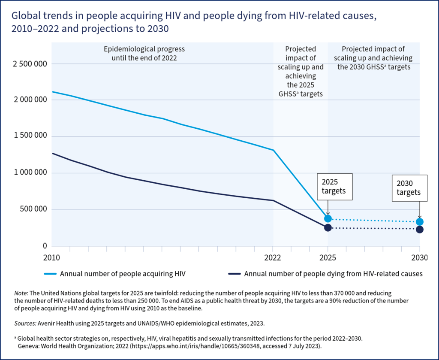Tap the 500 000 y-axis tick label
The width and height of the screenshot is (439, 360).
[x=32, y=210]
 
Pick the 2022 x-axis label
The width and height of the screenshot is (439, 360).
[x=273, y=258]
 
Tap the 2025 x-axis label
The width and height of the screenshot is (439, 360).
[x=328, y=258]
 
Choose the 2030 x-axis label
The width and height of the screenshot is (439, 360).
[x=419, y=258]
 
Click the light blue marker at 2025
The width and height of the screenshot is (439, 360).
[x=328, y=218]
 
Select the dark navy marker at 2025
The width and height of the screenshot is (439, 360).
[x=328, y=228]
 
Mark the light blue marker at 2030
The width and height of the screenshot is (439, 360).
[x=419, y=222]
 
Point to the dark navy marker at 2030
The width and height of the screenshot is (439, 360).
[x=419, y=230]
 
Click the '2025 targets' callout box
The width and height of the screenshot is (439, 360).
[x=334, y=187]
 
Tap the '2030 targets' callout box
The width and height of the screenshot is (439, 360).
[x=410, y=188]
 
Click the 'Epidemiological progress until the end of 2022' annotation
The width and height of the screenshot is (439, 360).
[x=145, y=54]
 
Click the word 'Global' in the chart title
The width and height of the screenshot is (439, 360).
[x=25, y=17]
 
